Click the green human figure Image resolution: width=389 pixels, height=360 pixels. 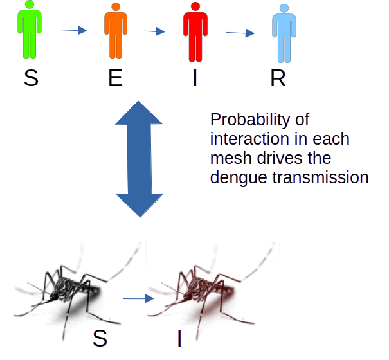(30, 31)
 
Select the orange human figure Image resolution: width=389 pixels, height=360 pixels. (114, 31)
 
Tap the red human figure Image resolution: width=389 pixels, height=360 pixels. (195, 31)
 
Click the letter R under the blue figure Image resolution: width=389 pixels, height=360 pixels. (278, 78)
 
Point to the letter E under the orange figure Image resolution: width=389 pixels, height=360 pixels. (115, 78)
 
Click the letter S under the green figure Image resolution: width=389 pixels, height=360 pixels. (30, 78)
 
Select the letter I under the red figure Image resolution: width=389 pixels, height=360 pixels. (195, 78)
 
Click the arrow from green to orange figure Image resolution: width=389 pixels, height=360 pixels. (72, 30)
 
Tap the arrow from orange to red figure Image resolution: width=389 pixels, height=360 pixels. (154, 31)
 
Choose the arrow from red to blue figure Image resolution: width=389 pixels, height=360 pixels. (240, 32)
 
